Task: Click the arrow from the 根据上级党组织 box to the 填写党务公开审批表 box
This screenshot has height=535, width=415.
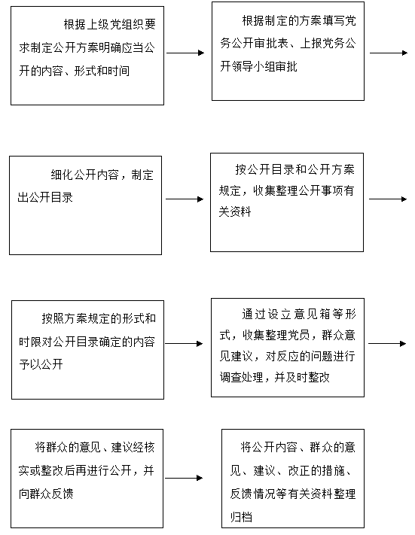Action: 185,53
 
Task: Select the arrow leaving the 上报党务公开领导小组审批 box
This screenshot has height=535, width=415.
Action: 389,53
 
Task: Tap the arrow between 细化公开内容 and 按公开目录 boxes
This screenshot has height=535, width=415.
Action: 185,199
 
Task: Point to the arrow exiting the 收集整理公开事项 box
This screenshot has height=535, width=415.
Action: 388,199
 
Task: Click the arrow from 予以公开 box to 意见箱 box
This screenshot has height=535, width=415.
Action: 184,344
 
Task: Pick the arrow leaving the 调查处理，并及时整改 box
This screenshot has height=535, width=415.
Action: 387,344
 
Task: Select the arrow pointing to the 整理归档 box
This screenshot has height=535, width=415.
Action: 184,478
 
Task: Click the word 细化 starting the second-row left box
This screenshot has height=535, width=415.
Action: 63,175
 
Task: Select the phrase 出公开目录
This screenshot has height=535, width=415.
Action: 45,197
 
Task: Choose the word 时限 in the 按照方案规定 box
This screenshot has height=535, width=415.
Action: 30,342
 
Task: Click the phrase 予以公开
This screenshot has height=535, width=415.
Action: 41,364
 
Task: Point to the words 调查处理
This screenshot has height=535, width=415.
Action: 242,378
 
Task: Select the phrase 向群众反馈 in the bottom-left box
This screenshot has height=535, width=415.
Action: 46,494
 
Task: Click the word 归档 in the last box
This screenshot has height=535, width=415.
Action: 241,517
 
